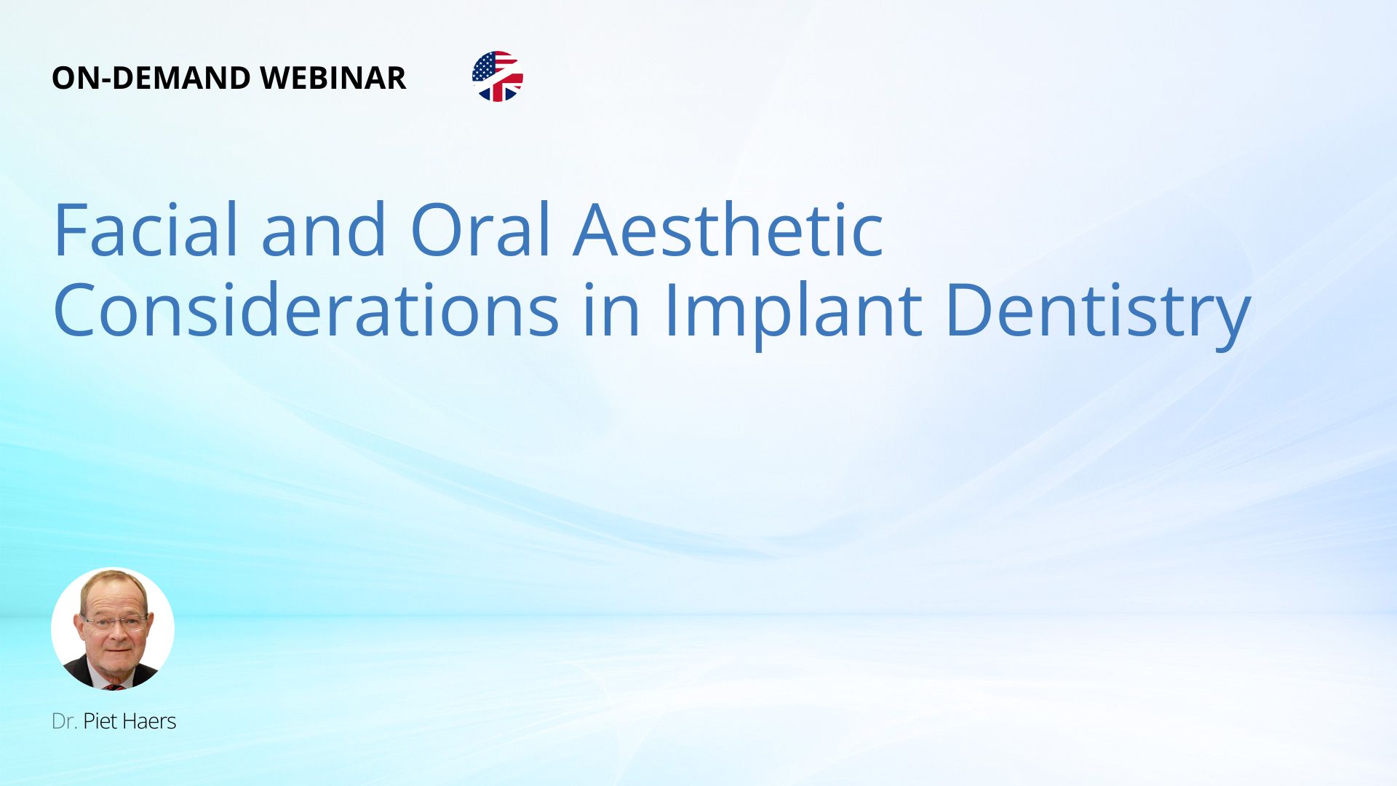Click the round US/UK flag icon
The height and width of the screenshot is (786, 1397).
(498, 76)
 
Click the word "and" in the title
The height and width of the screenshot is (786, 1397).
(324, 229)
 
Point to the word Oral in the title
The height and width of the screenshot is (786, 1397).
(481, 229)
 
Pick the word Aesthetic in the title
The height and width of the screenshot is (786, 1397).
(728, 229)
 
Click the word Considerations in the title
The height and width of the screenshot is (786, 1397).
(306, 310)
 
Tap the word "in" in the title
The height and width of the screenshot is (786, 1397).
(612, 310)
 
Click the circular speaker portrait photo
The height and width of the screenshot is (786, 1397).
(113, 629)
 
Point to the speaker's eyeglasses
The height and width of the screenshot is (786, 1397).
(115, 622)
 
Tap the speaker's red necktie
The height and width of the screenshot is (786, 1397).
(114, 686)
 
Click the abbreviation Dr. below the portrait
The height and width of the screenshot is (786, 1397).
(64, 721)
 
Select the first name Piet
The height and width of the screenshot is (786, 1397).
(100, 721)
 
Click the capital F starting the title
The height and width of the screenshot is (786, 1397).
(72, 229)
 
